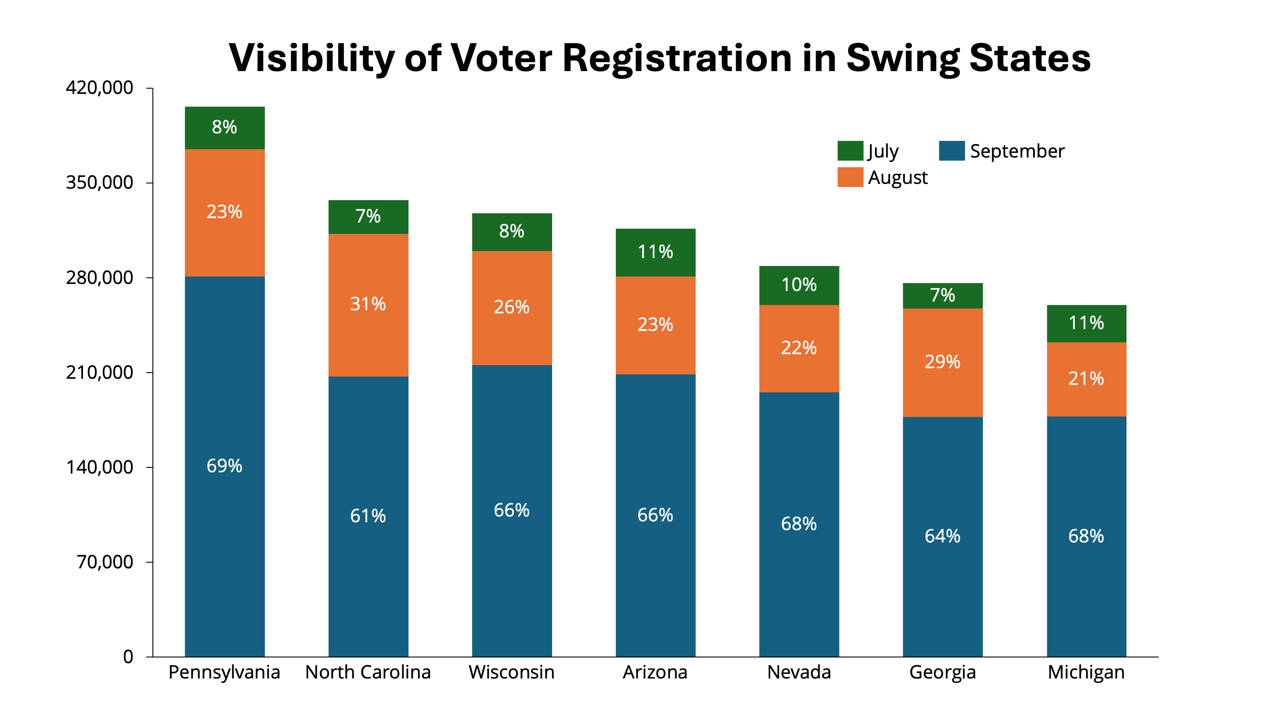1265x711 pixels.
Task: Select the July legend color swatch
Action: [x=850, y=151]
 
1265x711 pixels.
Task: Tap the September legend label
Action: [x=1017, y=151]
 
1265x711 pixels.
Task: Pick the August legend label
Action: [x=898, y=178]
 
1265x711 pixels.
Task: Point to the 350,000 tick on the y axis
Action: [x=99, y=183]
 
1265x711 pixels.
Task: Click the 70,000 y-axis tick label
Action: [x=105, y=562]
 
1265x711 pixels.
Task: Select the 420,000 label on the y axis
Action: [x=99, y=88]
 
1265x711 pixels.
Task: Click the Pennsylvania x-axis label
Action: [x=224, y=672]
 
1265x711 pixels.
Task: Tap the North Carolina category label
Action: [x=368, y=672]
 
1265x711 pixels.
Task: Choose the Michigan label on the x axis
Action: [x=1086, y=672]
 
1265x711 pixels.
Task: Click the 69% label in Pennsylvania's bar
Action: [x=224, y=466]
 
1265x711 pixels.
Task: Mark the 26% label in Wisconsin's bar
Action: [x=511, y=307]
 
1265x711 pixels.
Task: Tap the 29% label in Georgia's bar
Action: [x=942, y=362]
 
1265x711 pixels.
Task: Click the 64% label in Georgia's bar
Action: [x=942, y=536]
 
